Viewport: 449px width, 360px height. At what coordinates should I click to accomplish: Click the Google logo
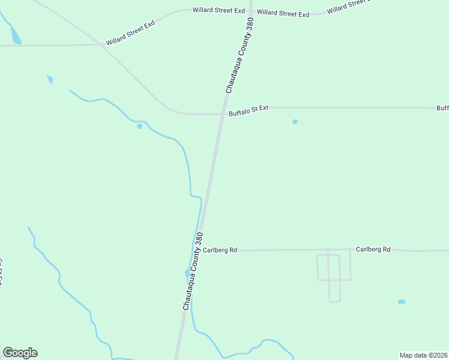20,353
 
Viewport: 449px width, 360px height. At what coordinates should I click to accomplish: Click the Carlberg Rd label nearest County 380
220,250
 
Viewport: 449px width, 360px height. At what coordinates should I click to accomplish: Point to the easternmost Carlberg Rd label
373,249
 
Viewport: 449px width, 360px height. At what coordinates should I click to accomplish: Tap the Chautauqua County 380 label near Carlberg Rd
193,271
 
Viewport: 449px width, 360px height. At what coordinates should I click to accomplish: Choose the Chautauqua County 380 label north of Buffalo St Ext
240,55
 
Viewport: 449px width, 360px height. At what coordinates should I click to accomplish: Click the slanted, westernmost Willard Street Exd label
130,33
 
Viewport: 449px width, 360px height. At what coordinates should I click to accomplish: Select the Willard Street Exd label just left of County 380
218,11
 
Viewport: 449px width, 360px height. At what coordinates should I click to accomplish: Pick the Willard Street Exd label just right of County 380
283,13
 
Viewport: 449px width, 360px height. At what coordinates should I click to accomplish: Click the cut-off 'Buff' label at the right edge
442,108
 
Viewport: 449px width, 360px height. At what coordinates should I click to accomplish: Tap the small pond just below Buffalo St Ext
295,122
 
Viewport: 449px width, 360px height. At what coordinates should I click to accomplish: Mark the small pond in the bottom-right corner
402,301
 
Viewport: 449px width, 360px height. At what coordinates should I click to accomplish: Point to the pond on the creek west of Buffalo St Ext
139,126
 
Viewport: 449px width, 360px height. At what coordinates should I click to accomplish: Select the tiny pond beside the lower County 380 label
187,273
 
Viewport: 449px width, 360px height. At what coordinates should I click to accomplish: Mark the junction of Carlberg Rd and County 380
199,250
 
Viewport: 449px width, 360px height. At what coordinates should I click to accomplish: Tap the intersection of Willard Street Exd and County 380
249,11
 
